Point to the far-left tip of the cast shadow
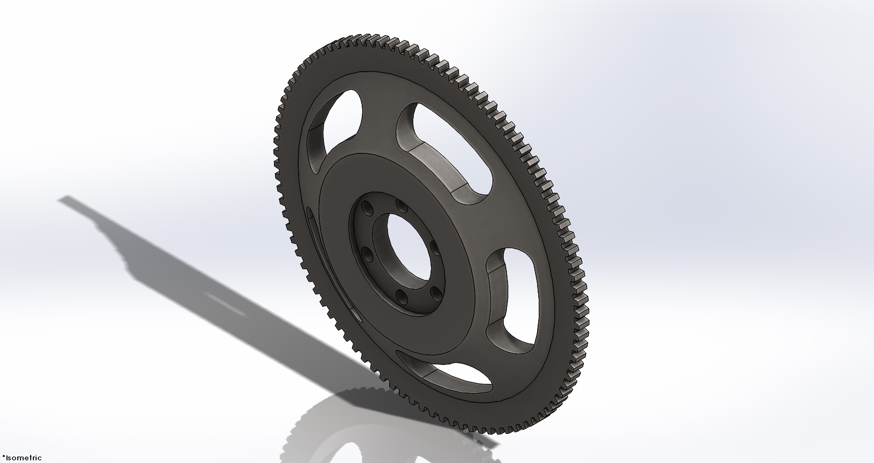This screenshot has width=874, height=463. pyautogui.click(x=60, y=199)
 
